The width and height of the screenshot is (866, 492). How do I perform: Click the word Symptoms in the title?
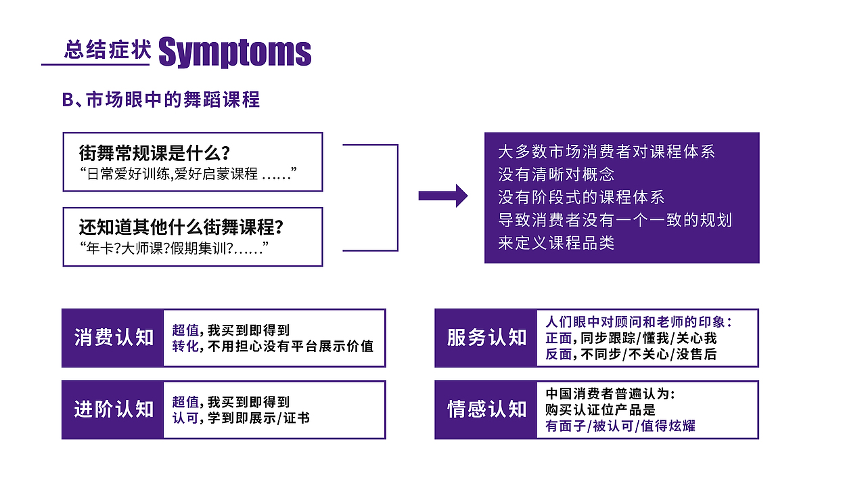(235, 52)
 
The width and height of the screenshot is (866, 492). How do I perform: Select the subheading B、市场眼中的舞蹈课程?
(161, 99)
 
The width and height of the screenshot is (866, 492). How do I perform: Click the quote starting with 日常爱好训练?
(189, 174)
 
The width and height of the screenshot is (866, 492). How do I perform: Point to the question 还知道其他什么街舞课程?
(180, 226)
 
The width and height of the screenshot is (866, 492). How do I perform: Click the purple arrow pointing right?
(443, 196)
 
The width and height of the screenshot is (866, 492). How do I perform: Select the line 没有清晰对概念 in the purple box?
(556, 174)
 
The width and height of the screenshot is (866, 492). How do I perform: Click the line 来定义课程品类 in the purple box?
(556, 243)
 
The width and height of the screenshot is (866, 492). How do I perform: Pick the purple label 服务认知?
(486, 338)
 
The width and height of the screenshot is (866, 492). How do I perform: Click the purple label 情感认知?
(486, 409)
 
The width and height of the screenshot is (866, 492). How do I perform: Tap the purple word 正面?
(559, 338)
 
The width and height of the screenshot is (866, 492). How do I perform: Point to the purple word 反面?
(559, 354)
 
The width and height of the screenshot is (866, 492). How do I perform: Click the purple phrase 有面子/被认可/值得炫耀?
(620, 426)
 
